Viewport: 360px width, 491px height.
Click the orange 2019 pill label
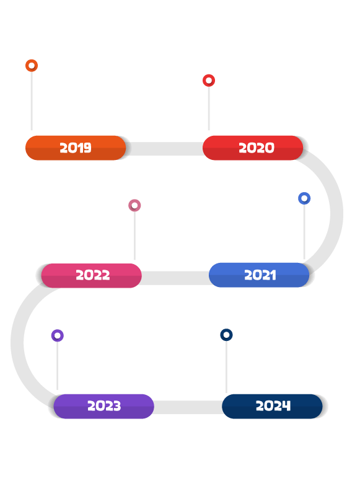tap(76, 148)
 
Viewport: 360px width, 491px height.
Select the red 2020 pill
tap(253, 148)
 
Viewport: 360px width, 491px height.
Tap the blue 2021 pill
tap(259, 275)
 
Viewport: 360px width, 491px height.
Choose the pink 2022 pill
tap(92, 275)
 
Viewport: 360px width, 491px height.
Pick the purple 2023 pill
tap(103, 406)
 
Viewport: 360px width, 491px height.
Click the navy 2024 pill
tap(272, 406)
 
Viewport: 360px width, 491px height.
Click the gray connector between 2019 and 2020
tap(164, 149)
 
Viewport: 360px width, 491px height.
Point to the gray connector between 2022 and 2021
tap(175, 278)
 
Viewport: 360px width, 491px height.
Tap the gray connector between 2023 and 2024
tap(188, 407)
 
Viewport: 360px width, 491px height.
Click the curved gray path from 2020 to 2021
tap(336, 213)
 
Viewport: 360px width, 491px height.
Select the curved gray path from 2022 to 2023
tap(17, 342)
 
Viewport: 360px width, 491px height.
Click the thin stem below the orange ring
tap(32, 101)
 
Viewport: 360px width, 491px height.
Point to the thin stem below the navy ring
tap(226, 366)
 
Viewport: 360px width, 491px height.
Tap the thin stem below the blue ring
tap(304, 232)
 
